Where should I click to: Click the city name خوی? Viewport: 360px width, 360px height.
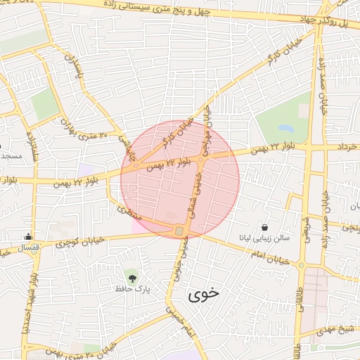[204, 295]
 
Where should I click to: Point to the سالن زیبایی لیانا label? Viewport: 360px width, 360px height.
[262, 238]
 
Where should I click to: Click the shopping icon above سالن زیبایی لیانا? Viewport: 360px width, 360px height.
[264, 227]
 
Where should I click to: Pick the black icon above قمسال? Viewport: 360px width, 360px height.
[27, 236]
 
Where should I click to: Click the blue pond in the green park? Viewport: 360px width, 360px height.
[285, 129]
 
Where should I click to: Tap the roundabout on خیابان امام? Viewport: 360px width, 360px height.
[301, 265]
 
